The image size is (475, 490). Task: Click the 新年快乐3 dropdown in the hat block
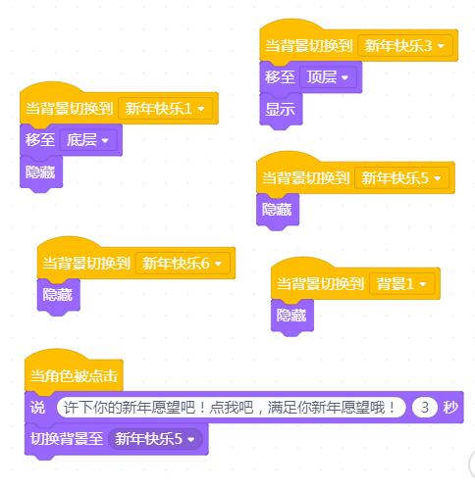(405, 46)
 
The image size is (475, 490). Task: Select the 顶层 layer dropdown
(328, 77)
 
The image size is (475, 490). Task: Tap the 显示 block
(281, 110)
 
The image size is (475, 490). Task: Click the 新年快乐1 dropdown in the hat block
(166, 109)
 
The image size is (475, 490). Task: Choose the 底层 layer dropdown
(88, 140)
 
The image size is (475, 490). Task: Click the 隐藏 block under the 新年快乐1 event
(41, 172)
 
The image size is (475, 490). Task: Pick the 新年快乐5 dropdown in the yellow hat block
(401, 178)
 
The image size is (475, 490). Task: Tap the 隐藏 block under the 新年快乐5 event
(278, 210)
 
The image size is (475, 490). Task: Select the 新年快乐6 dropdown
(183, 264)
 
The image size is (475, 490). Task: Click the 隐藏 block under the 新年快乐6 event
(58, 295)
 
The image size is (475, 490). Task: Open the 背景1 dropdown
(402, 284)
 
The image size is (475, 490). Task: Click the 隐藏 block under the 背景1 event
(292, 316)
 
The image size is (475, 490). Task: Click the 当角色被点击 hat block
(74, 375)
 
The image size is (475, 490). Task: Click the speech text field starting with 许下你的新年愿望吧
(232, 408)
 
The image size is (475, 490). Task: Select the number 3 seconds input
(425, 408)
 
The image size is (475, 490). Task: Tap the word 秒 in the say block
(450, 408)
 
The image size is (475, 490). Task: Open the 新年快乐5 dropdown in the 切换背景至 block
(155, 439)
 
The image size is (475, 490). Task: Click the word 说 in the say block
(37, 408)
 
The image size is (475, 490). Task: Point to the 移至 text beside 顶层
(280, 77)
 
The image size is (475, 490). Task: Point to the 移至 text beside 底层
(40, 140)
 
